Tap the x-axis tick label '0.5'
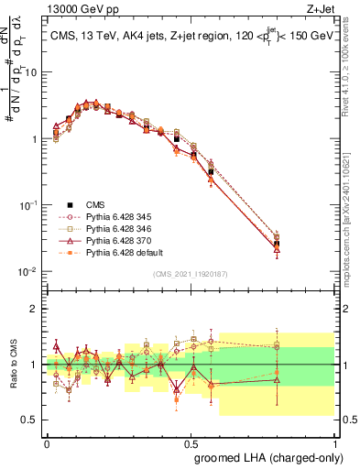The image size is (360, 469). click(x=191, y=442)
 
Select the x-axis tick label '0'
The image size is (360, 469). click(x=47, y=442)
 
